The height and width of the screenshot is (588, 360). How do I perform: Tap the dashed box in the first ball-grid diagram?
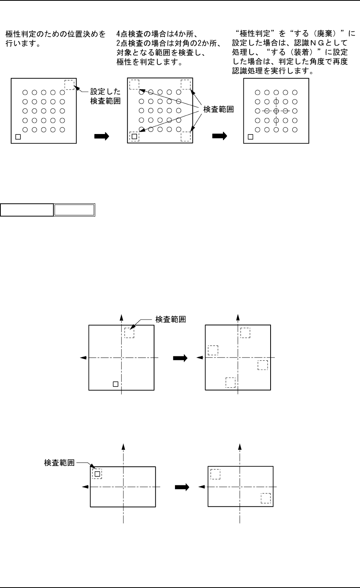point(69,84)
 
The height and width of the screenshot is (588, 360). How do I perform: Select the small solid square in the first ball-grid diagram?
point(18,137)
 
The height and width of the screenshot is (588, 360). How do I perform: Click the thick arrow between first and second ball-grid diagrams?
point(102,136)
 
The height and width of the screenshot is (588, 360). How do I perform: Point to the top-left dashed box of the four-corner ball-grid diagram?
point(134,84)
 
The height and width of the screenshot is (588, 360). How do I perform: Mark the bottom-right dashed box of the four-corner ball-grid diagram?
point(186,137)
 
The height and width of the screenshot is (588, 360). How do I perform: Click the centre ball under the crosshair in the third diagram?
point(276,111)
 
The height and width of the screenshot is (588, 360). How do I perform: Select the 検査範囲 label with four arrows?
point(219,110)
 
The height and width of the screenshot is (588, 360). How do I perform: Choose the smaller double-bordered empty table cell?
point(74,210)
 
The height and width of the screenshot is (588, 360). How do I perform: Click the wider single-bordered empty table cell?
point(27,210)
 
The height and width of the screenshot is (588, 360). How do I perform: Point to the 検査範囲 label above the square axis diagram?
point(170,320)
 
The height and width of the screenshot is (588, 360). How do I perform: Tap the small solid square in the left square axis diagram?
point(115,384)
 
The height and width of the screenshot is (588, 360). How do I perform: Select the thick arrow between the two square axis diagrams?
point(180,358)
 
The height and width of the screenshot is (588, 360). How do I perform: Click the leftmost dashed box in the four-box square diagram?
point(213,350)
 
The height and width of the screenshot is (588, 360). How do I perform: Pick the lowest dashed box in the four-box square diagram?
point(230,382)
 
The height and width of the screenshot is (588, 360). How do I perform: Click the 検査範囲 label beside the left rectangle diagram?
point(60,462)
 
